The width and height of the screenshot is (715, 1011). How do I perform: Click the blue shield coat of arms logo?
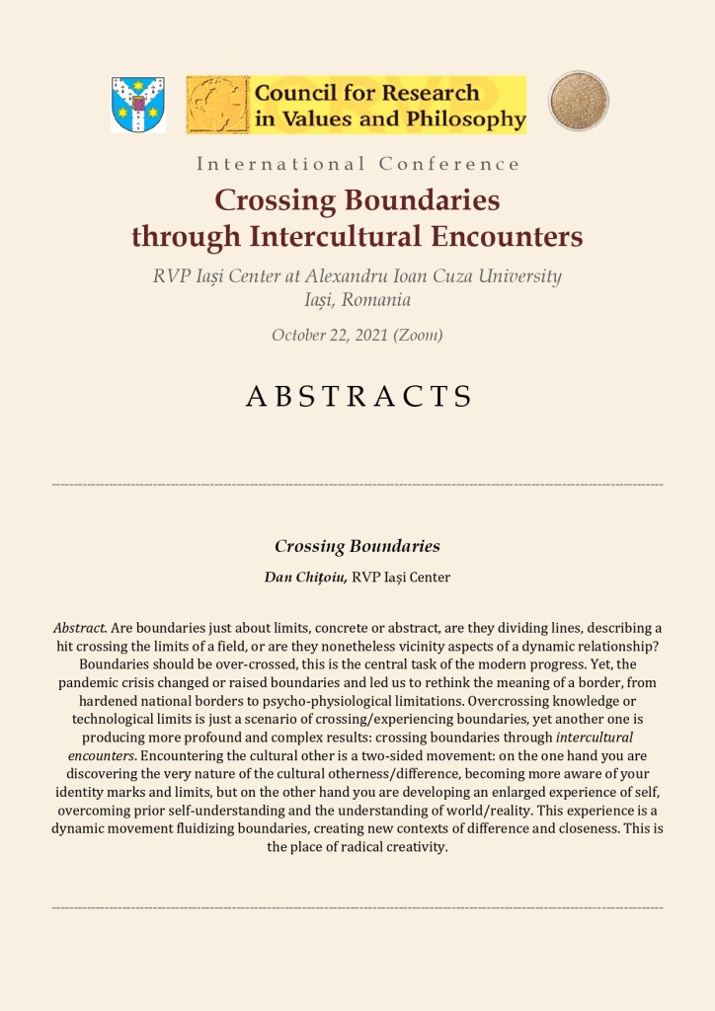(x=138, y=105)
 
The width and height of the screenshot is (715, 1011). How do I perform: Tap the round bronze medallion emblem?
(x=579, y=101)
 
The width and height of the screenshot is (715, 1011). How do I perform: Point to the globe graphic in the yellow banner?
(x=218, y=105)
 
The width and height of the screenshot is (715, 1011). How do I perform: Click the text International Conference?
(x=357, y=164)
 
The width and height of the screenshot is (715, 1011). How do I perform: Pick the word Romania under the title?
(x=375, y=299)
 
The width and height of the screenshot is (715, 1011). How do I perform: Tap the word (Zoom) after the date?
(x=418, y=335)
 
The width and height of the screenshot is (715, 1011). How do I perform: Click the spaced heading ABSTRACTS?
(x=357, y=396)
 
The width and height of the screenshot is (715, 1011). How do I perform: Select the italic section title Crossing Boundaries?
(x=357, y=546)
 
